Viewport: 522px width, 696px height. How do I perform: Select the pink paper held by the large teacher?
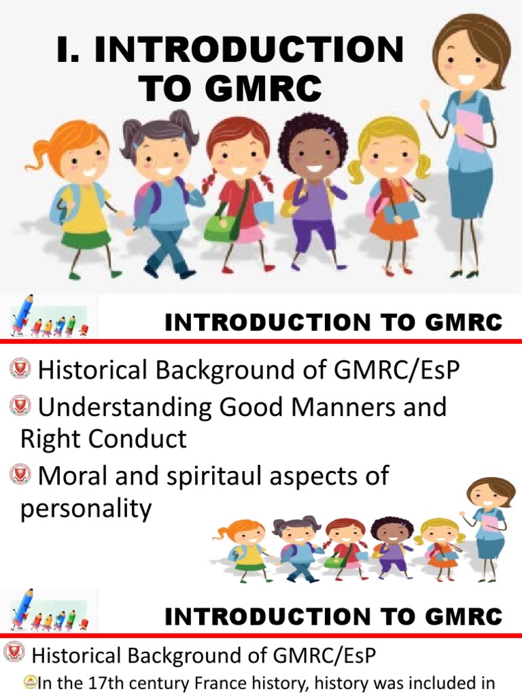470,130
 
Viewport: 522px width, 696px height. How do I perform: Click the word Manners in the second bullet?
347,406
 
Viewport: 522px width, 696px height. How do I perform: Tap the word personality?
86,508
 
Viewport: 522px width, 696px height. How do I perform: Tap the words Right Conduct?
103,438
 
